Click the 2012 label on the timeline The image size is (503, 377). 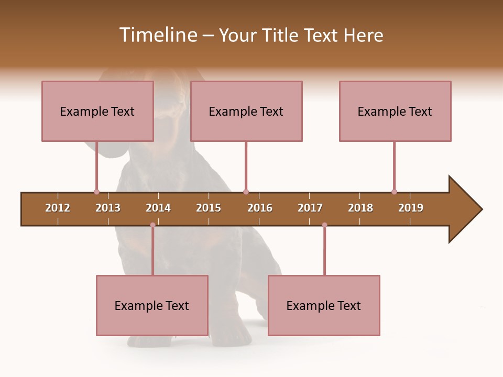click(58, 208)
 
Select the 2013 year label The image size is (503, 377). click(108, 208)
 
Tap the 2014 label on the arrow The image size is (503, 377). click(158, 208)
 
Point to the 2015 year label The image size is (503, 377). click(209, 208)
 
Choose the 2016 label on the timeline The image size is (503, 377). click(260, 208)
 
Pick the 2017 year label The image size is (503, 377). click(310, 208)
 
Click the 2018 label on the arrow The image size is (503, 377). click(360, 208)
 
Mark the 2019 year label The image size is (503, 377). click(411, 208)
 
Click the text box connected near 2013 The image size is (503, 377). click(97, 111)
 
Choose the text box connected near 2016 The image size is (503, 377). click(246, 111)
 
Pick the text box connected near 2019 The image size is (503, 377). click(395, 111)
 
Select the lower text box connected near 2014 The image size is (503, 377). click(152, 305)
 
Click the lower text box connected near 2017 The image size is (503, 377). click(324, 305)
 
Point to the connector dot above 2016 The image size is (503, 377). click(246, 192)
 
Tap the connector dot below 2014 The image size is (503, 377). click(152, 225)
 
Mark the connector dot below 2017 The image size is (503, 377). click(324, 225)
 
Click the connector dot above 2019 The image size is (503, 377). click(394, 192)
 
